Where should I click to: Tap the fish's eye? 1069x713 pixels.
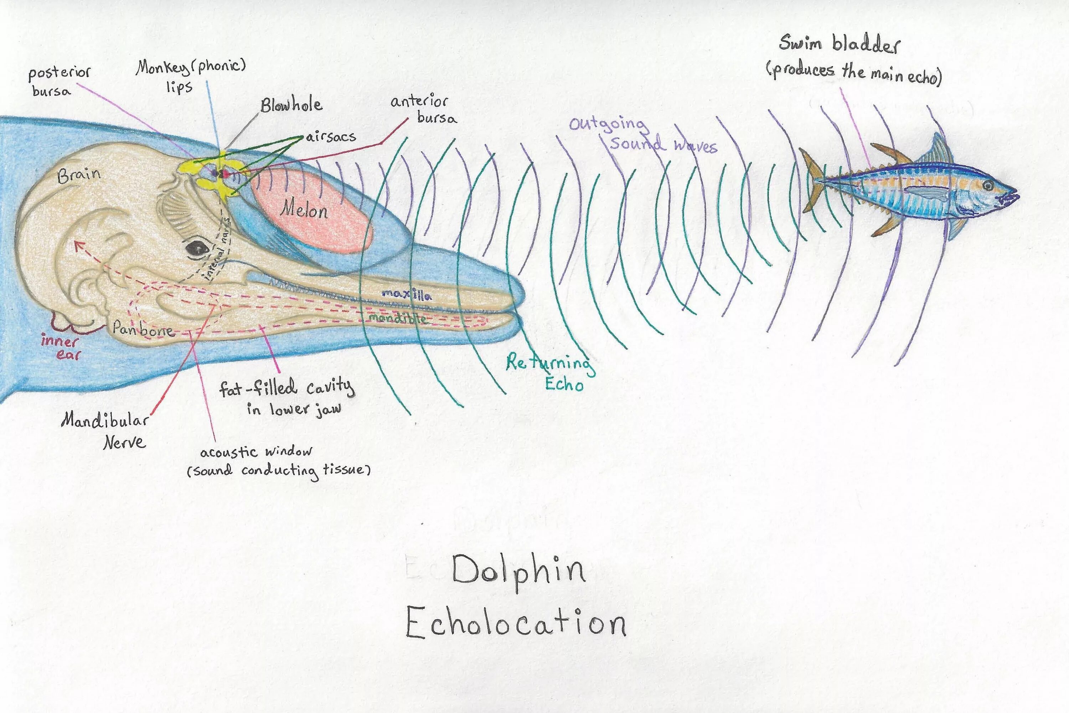(988, 186)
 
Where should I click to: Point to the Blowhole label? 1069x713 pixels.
(291, 105)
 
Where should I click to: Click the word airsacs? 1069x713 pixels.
(331, 137)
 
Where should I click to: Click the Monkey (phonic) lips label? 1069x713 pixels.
(191, 75)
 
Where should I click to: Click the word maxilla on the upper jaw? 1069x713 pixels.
(407, 294)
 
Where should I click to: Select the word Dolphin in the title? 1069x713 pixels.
(518, 571)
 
